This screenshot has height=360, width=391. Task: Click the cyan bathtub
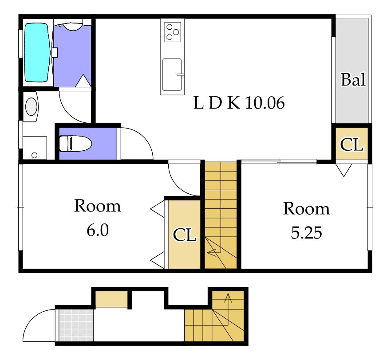coord(37,52)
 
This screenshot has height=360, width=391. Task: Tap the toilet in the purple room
coord(75,144)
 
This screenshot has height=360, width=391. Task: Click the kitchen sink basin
coord(172,75)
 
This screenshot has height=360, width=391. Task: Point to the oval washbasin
coord(32,106)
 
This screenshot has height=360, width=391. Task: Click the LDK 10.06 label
coord(239,103)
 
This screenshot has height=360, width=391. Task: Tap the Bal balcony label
coord(353,79)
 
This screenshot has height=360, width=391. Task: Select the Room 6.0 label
coord(98,218)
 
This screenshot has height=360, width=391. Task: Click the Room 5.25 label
coord(306,220)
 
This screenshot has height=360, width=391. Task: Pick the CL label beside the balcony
coord(352,145)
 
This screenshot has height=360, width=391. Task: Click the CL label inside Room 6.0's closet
coord(184,235)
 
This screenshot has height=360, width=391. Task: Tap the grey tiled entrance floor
coord(76,325)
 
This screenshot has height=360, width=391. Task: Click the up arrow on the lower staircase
coord(228,309)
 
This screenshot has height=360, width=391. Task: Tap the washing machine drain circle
coord(35,155)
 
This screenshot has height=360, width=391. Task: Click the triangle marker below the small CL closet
coord(344,170)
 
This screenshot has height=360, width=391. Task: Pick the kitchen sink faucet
coord(180,74)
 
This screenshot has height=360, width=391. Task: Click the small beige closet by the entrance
coord(111,299)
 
